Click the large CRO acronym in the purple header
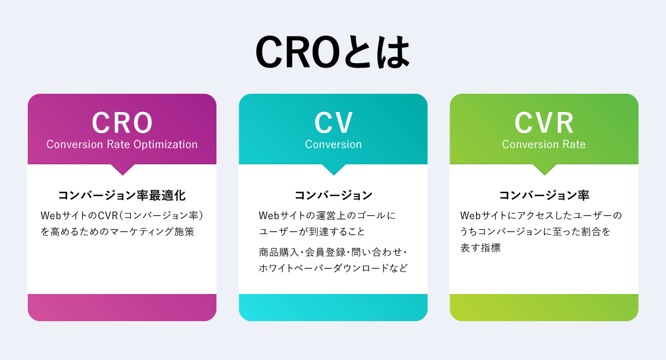click(x=122, y=123)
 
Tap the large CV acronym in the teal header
click(x=333, y=123)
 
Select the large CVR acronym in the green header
click(x=544, y=123)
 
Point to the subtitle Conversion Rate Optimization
click(x=122, y=144)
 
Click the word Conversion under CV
click(x=333, y=144)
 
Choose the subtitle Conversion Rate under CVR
click(x=544, y=144)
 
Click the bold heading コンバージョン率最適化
click(x=122, y=195)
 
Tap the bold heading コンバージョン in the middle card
click(x=333, y=195)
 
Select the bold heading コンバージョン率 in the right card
click(x=544, y=195)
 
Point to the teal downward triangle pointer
click(x=333, y=169)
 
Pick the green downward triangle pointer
click(x=544, y=169)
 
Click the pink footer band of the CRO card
click(x=122, y=307)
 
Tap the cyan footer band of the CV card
click(x=333, y=307)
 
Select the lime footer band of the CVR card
click(x=544, y=307)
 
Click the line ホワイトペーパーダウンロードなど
click(x=333, y=268)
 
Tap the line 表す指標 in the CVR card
click(x=480, y=249)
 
